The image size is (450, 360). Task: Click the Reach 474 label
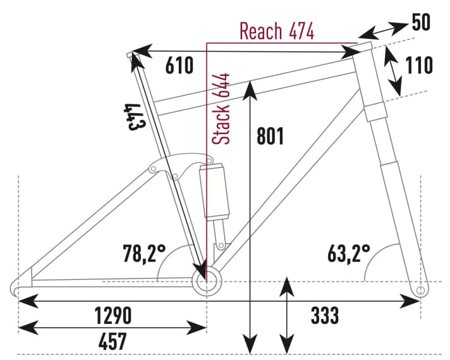pyautogui.click(x=276, y=30)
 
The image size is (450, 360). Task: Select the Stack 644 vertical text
pyautogui.click(x=221, y=108)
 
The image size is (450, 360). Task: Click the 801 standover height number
pyautogui.click(x=270, y=136)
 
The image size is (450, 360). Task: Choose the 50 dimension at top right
pyautogui.click(x=421, y=22)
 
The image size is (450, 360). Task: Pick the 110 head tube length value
pyautogui.click(x=419, y=65)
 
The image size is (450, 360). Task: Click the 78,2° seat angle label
pyautogui.click(x=143, y=254)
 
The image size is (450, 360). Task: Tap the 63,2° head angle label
pyautogui.click(x=348, y=254)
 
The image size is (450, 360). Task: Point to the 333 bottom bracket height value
pyautogui.click(x=324, y=315)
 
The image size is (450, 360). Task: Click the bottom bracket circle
pyautogui.click(x=207, y=282)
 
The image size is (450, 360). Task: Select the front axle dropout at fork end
pyautogui.click(x=422, y=289)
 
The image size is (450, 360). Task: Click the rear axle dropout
pyautogui.click(x=19, y=287)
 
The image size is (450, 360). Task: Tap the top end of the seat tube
pyautogui.click(x=131, y=56)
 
